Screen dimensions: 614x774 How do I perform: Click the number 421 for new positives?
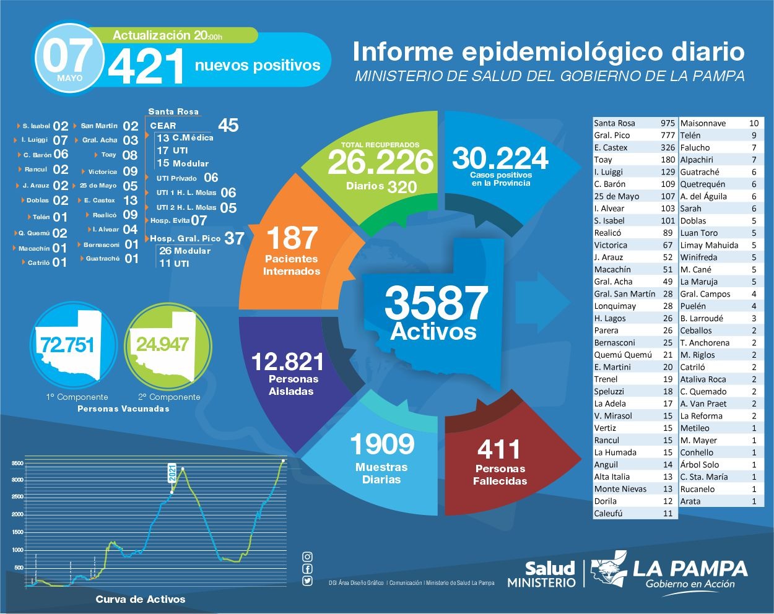tap(146, 67)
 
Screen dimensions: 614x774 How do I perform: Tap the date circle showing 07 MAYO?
tap(69, 59)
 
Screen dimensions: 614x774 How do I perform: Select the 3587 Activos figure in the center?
tap(436, 303)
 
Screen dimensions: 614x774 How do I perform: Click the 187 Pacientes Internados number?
tap(292, 238)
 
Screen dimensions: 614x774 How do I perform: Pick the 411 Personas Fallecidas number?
tap(499, 449)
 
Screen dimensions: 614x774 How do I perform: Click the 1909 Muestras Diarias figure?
tap(381, 444)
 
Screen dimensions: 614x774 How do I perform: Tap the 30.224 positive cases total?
tap(500, 158)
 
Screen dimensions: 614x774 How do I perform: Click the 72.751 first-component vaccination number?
tap(67, 345)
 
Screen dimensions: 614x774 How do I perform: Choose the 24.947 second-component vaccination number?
tap(162, 344)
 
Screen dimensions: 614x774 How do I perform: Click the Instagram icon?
tap(307, 557)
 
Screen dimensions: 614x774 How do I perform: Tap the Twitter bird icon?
tap(307, 581)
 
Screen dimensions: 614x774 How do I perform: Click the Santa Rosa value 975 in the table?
tap(667, 123)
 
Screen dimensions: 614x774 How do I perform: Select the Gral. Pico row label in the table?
tap(612, 135)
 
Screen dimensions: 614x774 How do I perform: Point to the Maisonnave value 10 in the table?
tap(753, 123)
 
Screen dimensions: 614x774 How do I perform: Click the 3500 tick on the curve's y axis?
tap(17, 463)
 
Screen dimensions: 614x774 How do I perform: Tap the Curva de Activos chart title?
tap(141, 599)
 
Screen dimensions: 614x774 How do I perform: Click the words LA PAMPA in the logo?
tap(690, 568)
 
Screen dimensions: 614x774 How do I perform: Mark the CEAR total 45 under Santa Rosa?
tap(228, 126)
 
